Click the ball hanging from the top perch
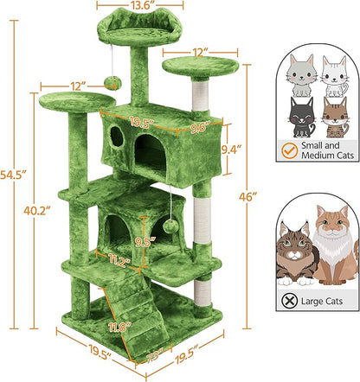112,81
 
